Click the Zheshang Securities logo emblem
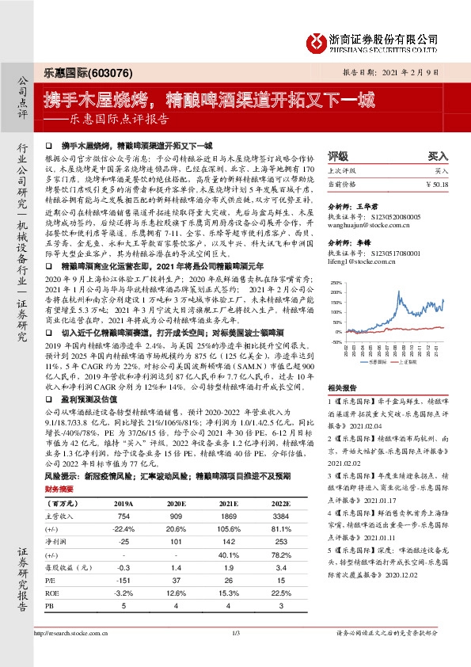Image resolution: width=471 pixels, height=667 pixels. [x=317, y=39]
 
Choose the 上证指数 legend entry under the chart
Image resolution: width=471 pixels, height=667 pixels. [x=420, y=359]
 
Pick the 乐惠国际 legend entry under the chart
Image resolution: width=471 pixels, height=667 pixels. [x=378, y=359]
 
